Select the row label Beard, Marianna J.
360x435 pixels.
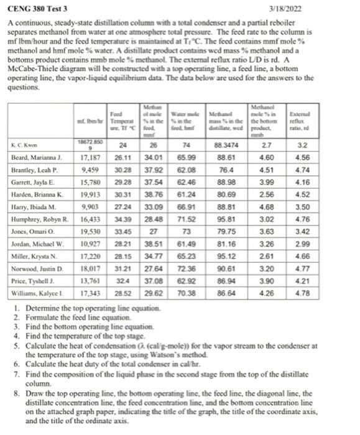pyautogui.click(x=37, y=158)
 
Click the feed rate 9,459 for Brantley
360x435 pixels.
pyautogui.click(x=91, y=169)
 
